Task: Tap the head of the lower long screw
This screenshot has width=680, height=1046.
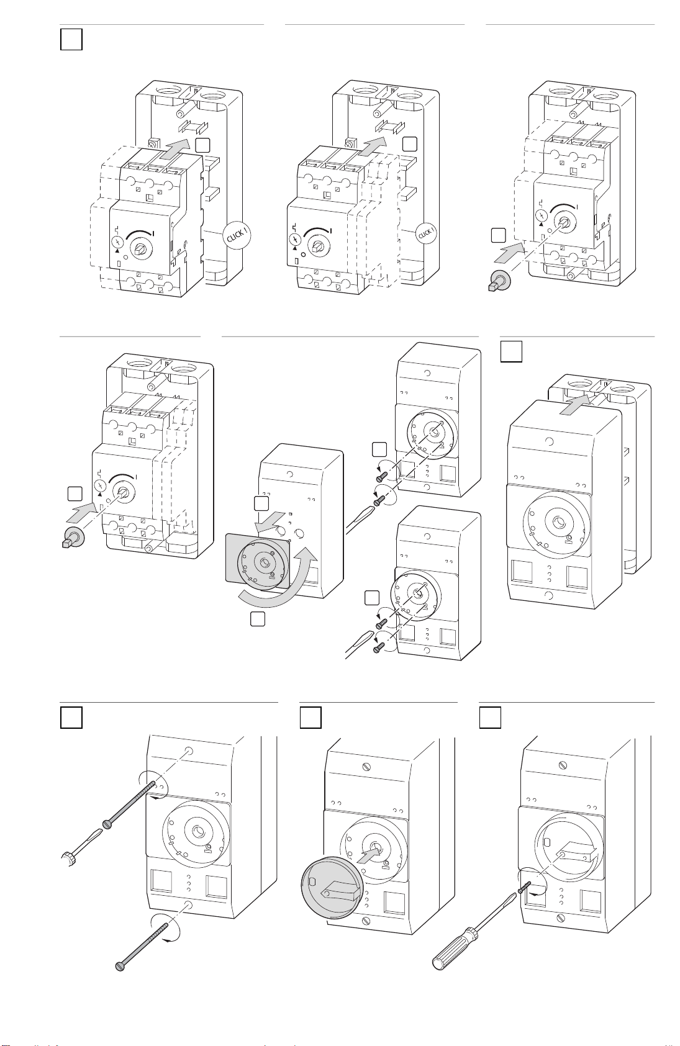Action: click(x=120, y=966)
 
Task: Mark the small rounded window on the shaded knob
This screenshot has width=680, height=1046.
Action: click(x=313, y=881)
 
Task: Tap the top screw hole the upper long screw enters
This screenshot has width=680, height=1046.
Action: click(x=189, y=751)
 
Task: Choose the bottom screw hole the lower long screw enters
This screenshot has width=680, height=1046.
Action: click(x=189, y=906)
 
